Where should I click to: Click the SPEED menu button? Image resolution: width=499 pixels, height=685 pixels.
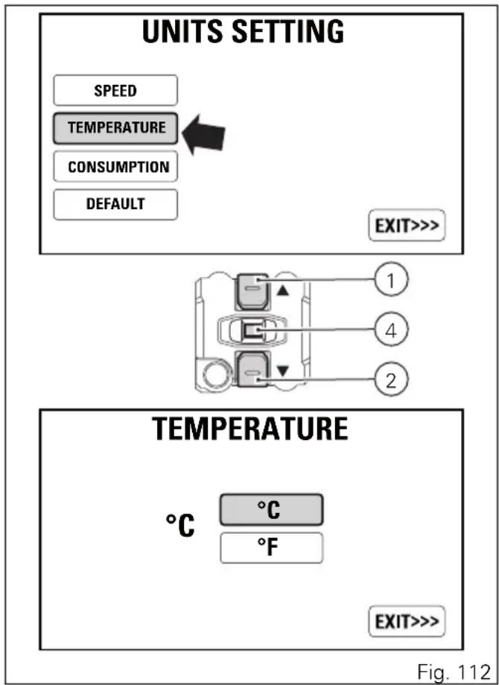[115, 90]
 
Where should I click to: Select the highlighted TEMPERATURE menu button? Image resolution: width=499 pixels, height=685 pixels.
[115, 128]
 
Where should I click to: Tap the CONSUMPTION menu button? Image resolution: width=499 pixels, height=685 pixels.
[115, 167]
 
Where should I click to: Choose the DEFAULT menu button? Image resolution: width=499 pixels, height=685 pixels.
[115, 205]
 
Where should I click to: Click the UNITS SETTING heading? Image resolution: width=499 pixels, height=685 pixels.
[244, 31]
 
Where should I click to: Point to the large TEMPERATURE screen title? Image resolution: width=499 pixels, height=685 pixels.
[250, 429]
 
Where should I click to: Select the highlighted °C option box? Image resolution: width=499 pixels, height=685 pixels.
[271, 510]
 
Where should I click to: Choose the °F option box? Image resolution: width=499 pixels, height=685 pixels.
[271, 548]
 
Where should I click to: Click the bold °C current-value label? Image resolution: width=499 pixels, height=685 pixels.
[180, 526]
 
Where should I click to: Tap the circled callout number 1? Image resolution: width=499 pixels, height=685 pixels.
[391, 280]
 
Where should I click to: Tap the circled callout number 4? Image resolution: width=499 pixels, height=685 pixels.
[391, 331]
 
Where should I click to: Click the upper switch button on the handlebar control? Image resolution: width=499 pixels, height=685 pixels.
[252, 291]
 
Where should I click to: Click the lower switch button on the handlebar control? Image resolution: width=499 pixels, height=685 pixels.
[252, 369]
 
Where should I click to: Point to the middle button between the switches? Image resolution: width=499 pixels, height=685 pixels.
[252, 331]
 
